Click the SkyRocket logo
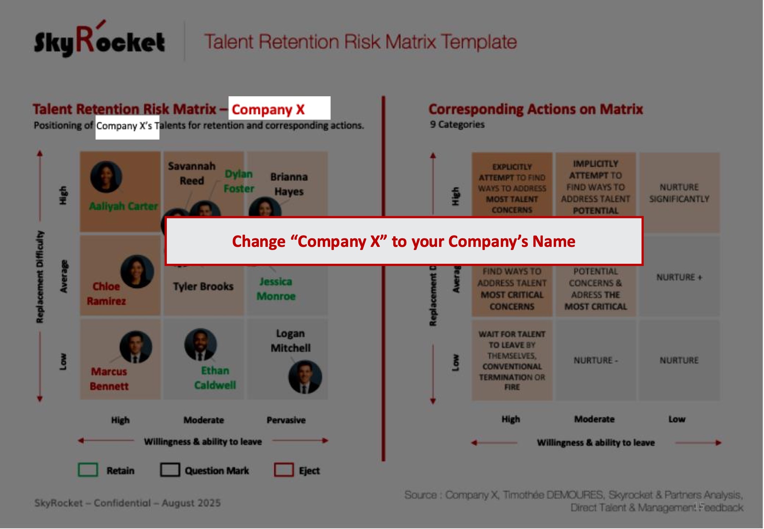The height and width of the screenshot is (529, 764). tap(99, 42)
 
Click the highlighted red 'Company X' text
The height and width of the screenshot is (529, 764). tap(268, 109)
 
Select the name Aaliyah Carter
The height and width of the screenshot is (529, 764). tap(123, 206)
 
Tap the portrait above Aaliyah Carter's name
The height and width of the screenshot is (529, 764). tap(106, 177)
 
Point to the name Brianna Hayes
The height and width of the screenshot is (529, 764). tap(289, 184)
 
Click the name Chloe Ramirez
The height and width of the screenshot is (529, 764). tap(106, 294)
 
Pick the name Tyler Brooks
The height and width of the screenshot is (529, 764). tap(203, 286)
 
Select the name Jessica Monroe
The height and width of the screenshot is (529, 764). tap(276, 289)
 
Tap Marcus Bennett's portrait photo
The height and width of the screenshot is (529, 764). tap(136, 347)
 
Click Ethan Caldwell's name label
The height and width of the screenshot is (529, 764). tap(215, 378)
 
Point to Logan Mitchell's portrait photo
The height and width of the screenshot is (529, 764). tap(305, 377)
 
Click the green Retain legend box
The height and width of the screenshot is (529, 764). tap(88, 470)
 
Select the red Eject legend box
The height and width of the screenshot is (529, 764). tap(284, 470)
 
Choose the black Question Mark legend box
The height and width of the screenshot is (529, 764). tap(170, 470)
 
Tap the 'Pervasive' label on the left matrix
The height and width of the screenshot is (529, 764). tap(286, 420)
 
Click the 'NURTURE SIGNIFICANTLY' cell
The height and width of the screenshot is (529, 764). tap(679, 193)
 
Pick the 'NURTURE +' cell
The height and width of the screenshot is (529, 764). tap(679, 277)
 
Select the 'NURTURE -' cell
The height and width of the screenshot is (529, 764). tap(595, 360)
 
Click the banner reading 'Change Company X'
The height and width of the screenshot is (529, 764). tap(404, 241)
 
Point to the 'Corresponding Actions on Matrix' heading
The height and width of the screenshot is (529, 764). tap(535, 109)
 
